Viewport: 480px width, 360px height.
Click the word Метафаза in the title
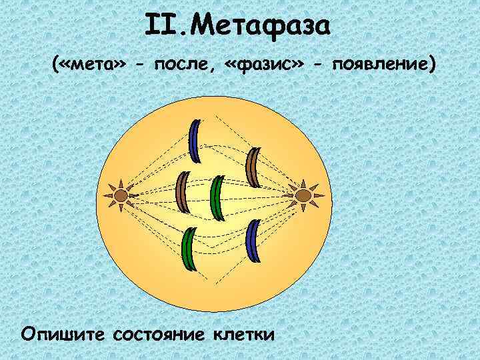coord(267,28)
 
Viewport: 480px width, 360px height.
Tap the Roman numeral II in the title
coord(159,28)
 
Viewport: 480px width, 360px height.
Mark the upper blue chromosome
coord(195,141)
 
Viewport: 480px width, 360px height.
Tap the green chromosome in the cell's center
coord(216,198)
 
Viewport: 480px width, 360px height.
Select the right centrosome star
coord(303,195)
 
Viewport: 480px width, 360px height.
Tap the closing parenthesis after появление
coord(433,65)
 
